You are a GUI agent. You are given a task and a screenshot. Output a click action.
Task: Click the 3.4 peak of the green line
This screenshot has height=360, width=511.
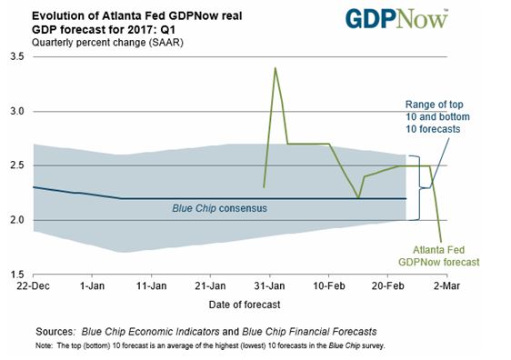[275, 68]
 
